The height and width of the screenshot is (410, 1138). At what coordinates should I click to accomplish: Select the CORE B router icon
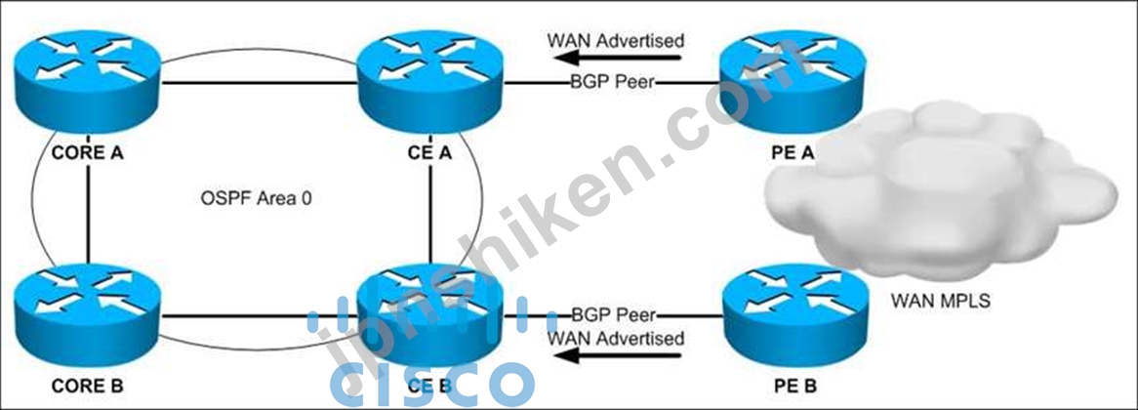tap(88, 312)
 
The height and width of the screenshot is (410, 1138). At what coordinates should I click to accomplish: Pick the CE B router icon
tap(431, 312)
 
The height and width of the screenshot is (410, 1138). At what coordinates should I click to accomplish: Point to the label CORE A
tap(87, 154)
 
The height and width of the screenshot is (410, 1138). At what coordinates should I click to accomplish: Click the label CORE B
tap(87, 386)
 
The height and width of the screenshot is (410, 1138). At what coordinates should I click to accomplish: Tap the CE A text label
tap(431, 154)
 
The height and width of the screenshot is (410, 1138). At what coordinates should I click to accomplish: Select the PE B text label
tap(793, 386)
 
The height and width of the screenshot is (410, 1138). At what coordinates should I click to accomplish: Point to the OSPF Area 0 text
tap(256, 198)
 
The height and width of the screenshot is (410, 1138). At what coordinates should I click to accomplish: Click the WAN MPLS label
tap(940, 300)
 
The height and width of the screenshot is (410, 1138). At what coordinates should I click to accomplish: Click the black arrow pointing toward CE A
tap(618, 58)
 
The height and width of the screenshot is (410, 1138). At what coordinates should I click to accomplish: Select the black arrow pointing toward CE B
tap(618, 355)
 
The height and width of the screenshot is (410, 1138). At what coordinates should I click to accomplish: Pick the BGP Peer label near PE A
tap(613, 83)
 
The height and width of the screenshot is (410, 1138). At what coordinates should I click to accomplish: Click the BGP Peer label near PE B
tap(613, 315)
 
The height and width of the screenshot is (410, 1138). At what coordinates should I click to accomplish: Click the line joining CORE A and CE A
tap(260, 83)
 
